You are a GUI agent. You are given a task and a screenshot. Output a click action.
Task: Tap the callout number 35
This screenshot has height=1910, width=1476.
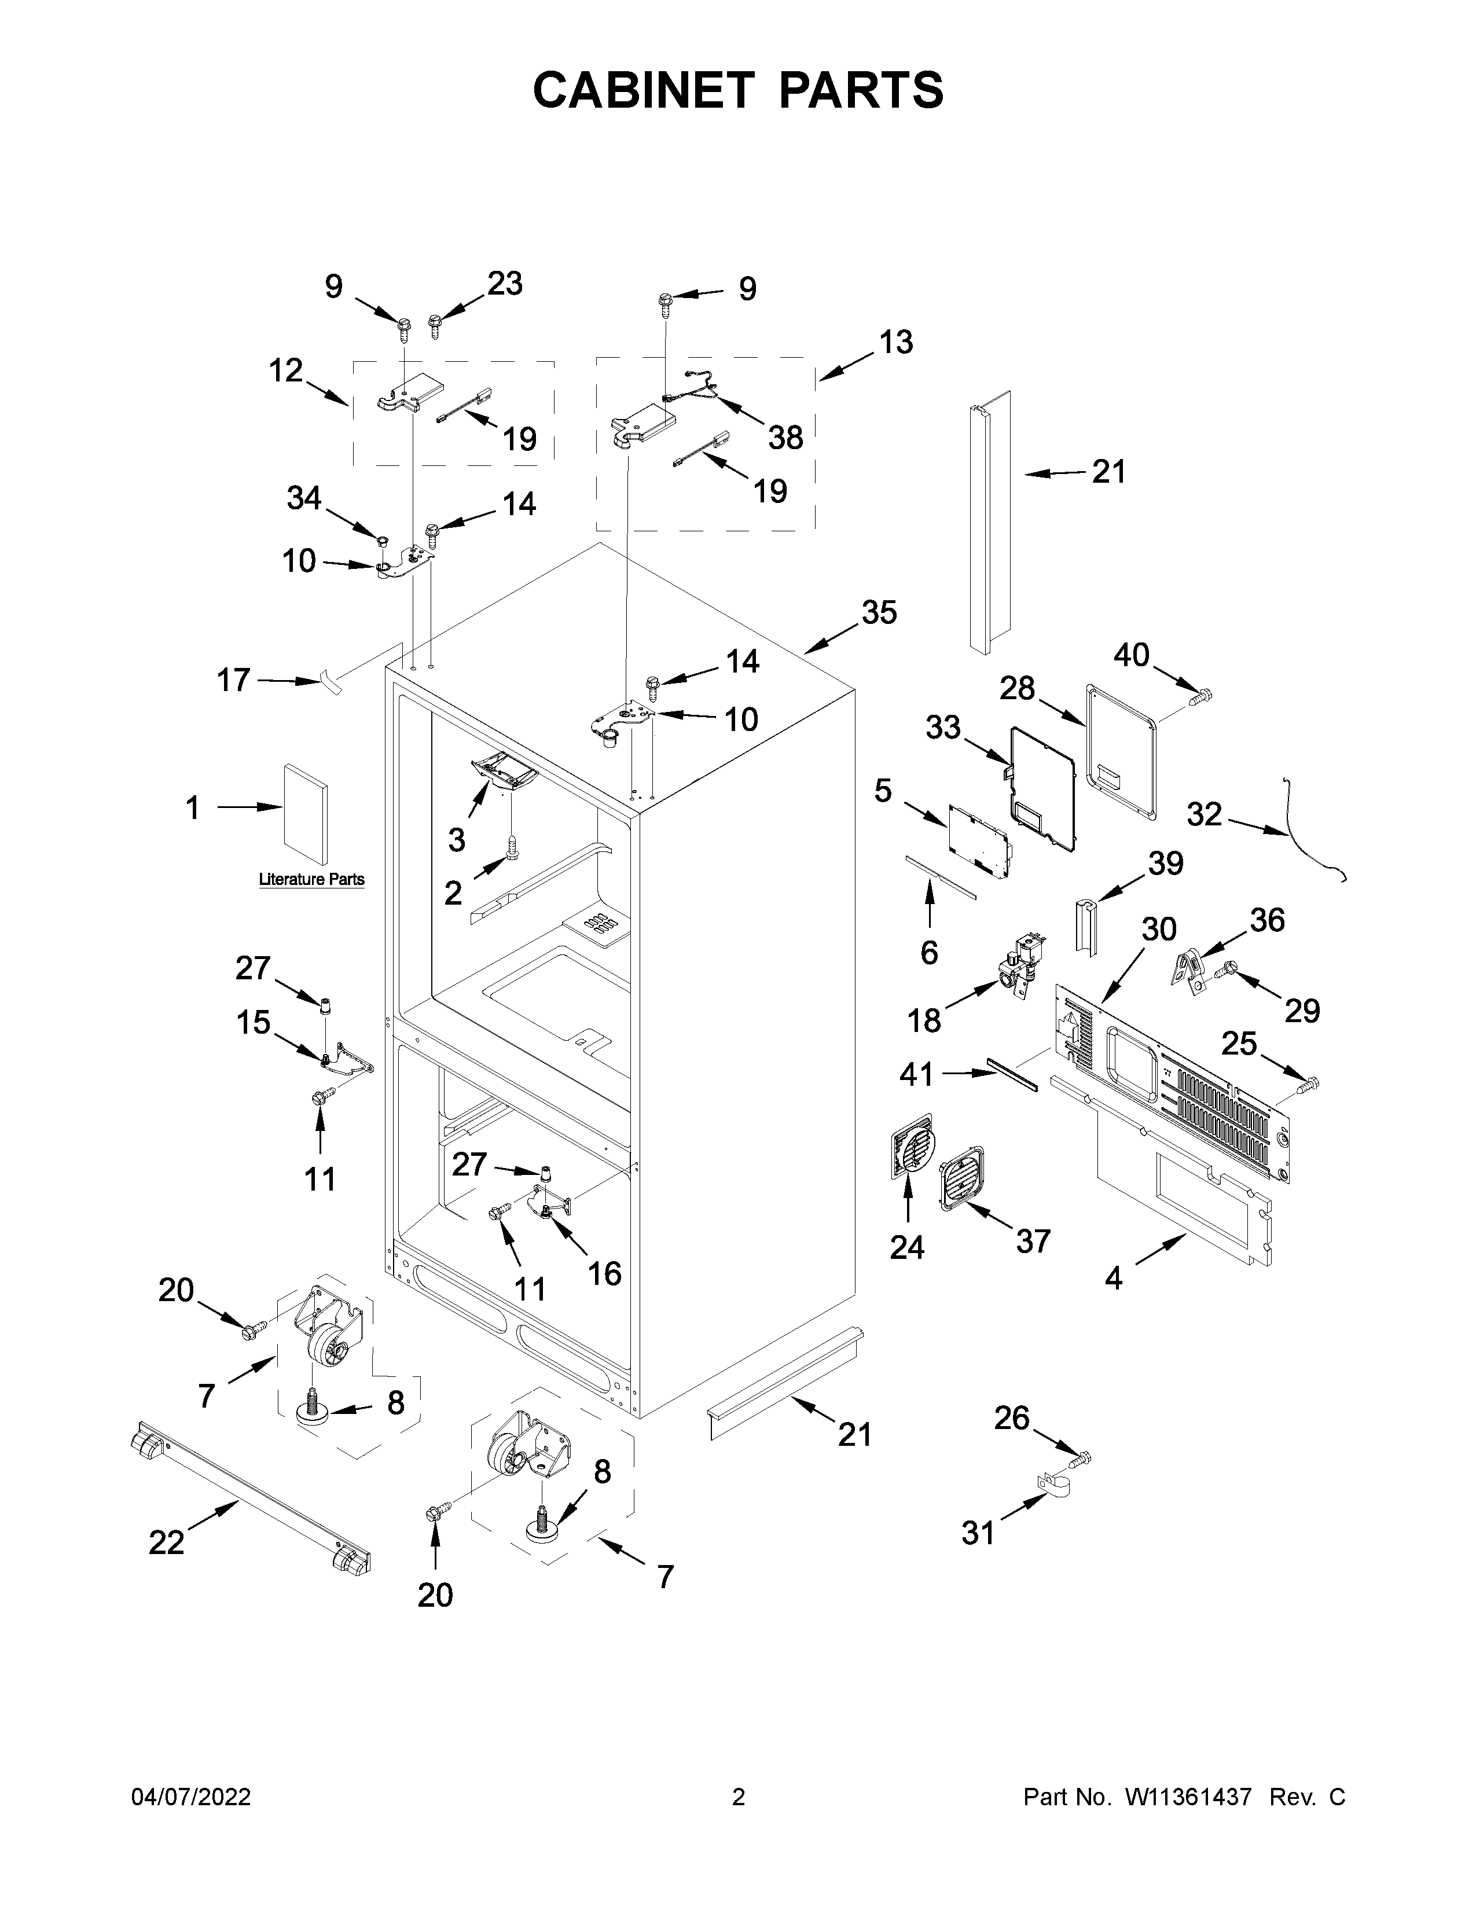[879, 612]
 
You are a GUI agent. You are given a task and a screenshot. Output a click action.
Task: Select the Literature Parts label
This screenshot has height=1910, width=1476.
[311, 879]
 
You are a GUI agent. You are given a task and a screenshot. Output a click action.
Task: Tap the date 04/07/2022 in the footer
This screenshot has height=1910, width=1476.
[190, 1797]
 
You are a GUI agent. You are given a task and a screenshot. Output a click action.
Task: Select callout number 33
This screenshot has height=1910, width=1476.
[942, 727]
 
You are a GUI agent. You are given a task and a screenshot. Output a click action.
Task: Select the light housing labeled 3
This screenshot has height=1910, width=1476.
[502, 773]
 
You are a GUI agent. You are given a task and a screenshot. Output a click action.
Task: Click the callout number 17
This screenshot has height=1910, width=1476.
[233, 679]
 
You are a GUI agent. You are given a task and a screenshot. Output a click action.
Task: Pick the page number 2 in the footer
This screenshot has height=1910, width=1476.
[738, 1797]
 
